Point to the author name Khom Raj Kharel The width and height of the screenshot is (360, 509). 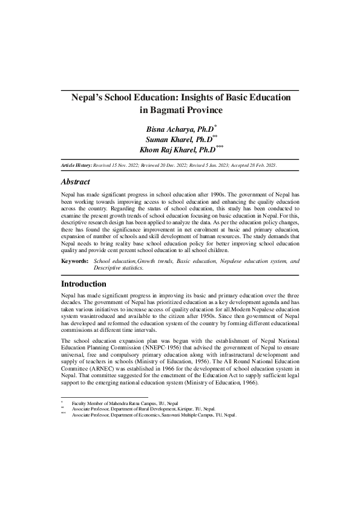point(177,149)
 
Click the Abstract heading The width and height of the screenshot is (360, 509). point(76,182)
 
